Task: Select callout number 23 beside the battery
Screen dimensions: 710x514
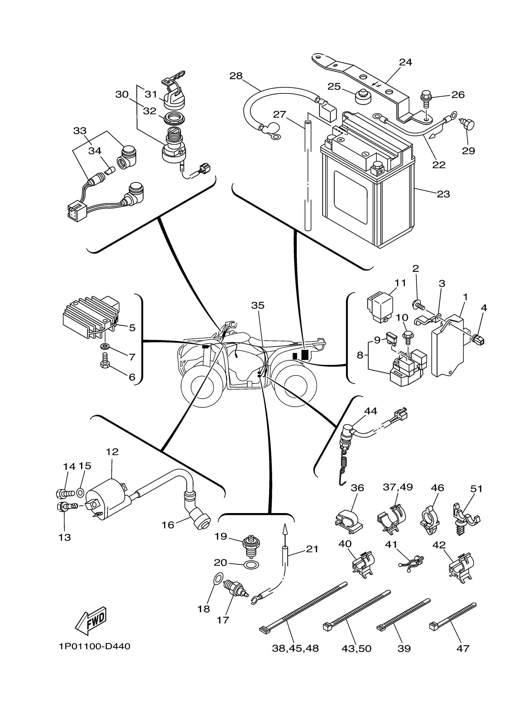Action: (x=443, y=194)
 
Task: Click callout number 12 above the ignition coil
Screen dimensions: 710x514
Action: (x=112, y=452)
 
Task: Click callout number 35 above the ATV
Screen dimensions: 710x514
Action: (x=258, y=305)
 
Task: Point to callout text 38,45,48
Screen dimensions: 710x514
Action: (x=295, y=648)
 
